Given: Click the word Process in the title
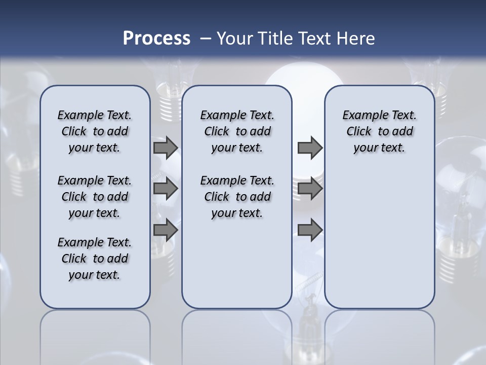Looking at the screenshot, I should click(156, 39).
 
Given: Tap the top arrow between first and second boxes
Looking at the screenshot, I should click(165, 148).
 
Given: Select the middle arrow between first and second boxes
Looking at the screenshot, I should click(165, 189).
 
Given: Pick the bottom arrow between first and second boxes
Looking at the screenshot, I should click(165, 230).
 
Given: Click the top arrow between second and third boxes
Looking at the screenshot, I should click(310, 148).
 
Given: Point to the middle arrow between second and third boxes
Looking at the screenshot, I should click(310, 189).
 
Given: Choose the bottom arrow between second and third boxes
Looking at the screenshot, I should click(310, 230).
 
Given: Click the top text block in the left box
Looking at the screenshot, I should click(95, 131).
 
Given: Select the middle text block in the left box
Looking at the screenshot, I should click(95, 197).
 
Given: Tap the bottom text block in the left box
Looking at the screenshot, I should click(95, 259).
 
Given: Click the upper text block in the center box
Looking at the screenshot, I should click(237, 131).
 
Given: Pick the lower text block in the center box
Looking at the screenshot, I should click(237, 197).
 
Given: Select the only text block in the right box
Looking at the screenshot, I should click(379, 131).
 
